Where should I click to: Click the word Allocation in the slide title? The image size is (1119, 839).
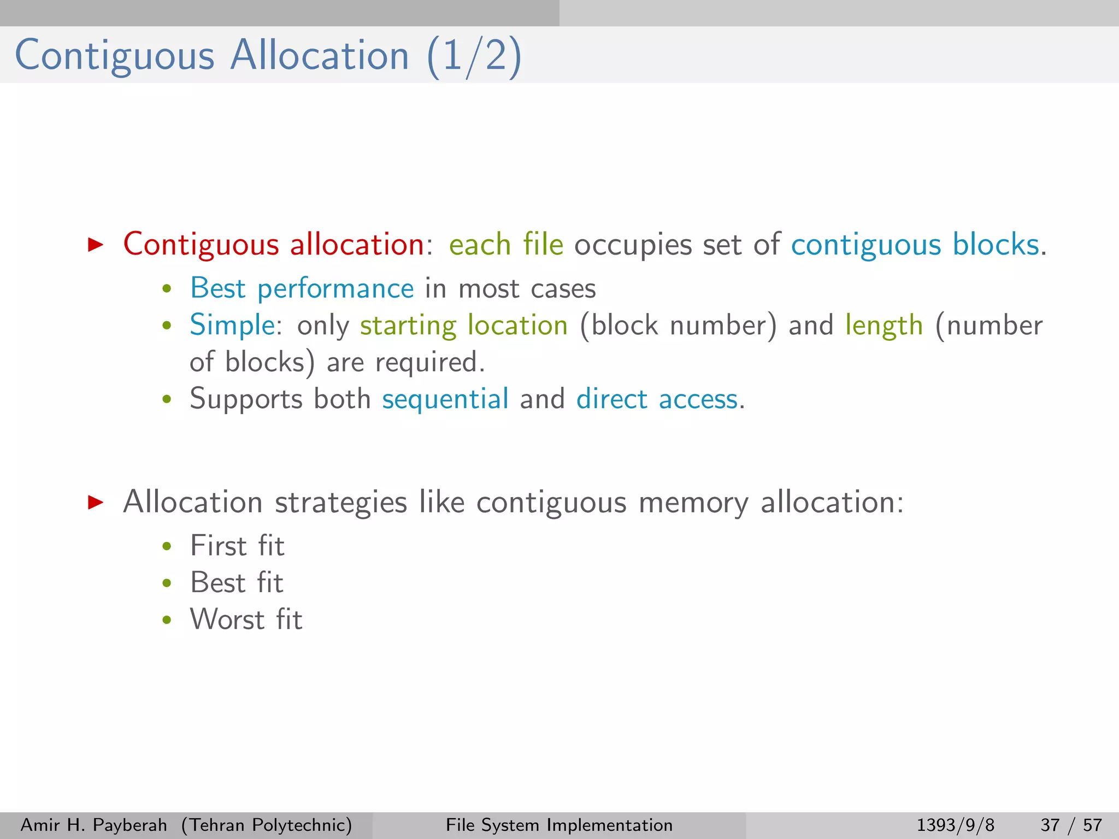pyautogui.click(x=320, y=56)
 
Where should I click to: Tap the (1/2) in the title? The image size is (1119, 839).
pyautogui.click(x=474, y=57)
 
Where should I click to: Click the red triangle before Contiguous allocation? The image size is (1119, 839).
pyautogui.click(x=96, y=244)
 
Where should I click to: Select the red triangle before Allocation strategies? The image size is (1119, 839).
pyautogui.click(x=96, y=502)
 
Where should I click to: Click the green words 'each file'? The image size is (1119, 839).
pyautogui.click(x=506, y=244)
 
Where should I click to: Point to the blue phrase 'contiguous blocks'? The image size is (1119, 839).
pyautogui.click(x=915, y=244)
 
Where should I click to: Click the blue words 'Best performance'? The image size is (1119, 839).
pyautogui.click(x=302, y=288)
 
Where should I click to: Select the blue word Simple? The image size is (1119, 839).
pyautogui.click(x=232, y=325)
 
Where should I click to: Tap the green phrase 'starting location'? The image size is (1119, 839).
pyautogui.click(x=464, y=326)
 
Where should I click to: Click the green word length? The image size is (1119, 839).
pyautogui.click(x=884, y=326)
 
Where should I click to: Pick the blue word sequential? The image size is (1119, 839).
pyautogui.click(x=445, y=399)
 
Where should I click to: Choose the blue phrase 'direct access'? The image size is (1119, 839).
pyautogui.click(x=657, y=399)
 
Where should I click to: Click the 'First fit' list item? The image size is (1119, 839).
pyautogui.click(x=237, y=546)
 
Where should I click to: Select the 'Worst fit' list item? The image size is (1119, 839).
pyautogui.click(x=246, y=619)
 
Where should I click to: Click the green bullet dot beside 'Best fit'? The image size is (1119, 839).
pyautogui.click(x=167, y=583)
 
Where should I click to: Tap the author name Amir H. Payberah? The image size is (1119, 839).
pyautogui.click(x=93, y=825)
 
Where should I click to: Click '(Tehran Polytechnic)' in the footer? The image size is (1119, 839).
pyautogui.click(x=267, y=825)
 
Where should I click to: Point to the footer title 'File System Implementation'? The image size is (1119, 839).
pyautogui.click(x=559, y=825)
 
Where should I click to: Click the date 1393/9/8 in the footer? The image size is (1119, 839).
pyautogui.click(x=955, y=825)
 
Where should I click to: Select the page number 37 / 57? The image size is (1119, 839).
pyautogui.click(x=1071, y=825)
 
